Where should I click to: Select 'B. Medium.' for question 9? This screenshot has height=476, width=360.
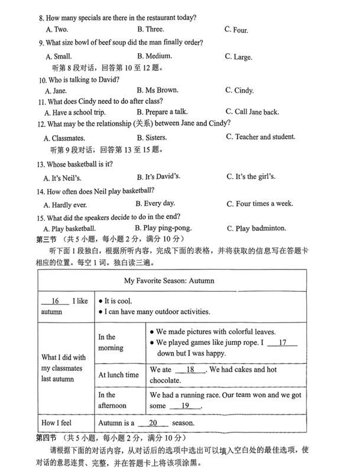coord(154,56)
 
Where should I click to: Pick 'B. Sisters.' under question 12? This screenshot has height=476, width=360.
coord(151,138)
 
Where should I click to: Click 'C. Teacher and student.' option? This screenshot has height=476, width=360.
coord(260,137)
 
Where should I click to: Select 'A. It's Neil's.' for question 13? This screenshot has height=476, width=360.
coord(66,177)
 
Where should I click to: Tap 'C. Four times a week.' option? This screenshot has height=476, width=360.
coord(260,204)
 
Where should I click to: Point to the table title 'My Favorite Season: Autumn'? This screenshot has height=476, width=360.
coord(169,281)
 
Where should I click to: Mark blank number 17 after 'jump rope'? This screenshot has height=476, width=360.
coord(282,343)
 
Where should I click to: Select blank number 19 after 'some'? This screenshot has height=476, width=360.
coord(185,406)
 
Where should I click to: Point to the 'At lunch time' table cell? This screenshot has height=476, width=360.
coord(118,375)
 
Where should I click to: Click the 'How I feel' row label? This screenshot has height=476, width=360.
coord(57,423)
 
